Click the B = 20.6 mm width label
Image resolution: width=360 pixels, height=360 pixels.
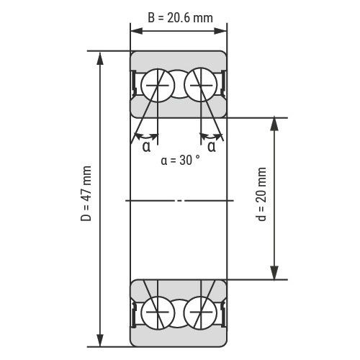point(180,18)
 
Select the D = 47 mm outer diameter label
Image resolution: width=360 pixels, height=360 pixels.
point(86,194)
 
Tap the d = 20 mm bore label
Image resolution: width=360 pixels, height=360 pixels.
point(261,194)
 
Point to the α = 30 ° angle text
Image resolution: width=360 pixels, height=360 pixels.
point(180,160)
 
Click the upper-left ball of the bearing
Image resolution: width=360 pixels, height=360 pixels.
point(158,85)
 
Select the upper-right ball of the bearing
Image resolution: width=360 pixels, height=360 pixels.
point(201,85)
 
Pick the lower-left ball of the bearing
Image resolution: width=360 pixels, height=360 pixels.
point(158,312)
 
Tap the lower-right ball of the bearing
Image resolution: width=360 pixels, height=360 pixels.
point(201,312)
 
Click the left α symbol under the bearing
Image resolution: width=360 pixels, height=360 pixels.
point(147,146)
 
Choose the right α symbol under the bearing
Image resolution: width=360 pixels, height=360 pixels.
point(212,146)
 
